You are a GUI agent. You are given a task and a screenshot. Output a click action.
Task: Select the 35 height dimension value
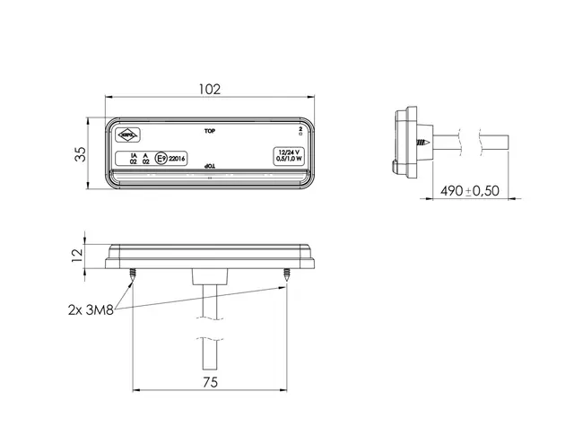(80, 154)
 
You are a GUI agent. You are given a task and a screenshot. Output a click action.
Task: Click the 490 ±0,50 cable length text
(471, 190)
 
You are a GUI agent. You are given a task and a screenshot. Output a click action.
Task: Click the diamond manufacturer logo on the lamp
(128, 135)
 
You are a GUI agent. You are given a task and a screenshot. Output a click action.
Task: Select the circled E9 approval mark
(161, 159)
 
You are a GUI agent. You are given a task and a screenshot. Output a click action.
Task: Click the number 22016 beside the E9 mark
(177, 159)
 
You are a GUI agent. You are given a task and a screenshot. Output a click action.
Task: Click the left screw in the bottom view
(132, 274)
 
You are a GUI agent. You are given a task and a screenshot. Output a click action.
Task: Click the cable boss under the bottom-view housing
(209, 275)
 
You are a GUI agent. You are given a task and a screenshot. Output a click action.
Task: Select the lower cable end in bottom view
(209, 363)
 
